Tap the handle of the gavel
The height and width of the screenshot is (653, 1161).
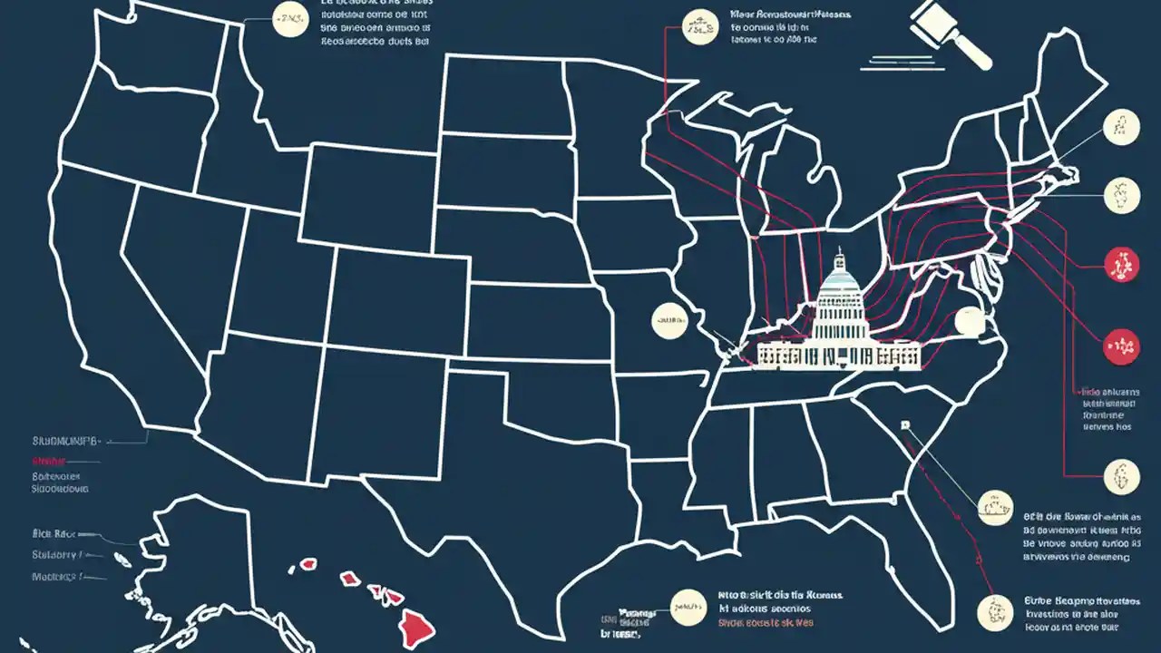pyautogui.click(x=974, y=53)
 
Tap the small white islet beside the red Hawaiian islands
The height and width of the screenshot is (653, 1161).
pyautogui.click(x=293, y=570)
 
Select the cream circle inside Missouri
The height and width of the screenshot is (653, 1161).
pyautogui.click(x=669, y=320)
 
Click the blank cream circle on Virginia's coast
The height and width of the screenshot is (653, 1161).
pyautogui.click(x=970, y=321)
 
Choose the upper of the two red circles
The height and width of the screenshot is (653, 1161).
pyautogui.click(x=1121, y=264)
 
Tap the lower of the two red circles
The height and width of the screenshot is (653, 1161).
pyautogui.click(x=1121, y=346)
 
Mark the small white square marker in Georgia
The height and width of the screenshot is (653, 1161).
pyautogui.click(x=903, y=424)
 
